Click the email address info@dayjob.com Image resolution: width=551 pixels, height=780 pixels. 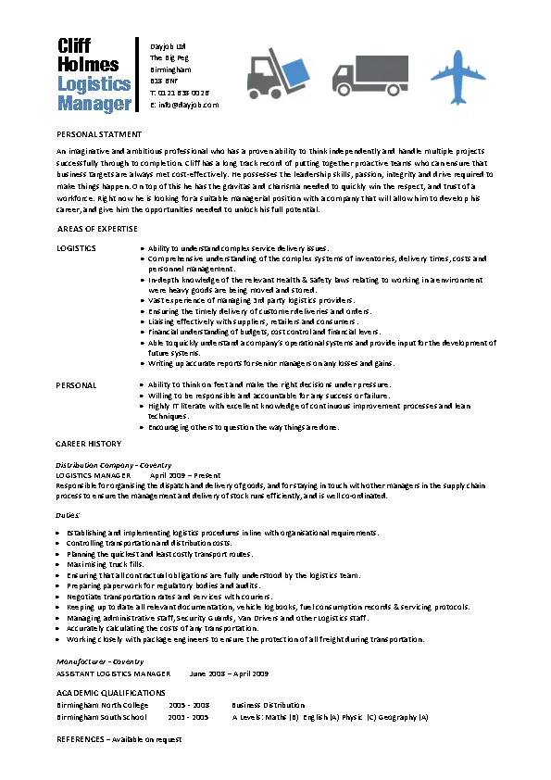click(x=184, y=105)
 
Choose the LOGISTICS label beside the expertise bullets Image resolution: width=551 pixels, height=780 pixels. click(x=76, y=249)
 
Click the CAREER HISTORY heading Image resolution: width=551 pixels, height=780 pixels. click(x=88, y=444)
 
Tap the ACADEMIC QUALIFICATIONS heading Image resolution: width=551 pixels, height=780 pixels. click(x=110, y=692)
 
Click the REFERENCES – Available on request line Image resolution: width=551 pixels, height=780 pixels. click(x=119, y=740)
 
